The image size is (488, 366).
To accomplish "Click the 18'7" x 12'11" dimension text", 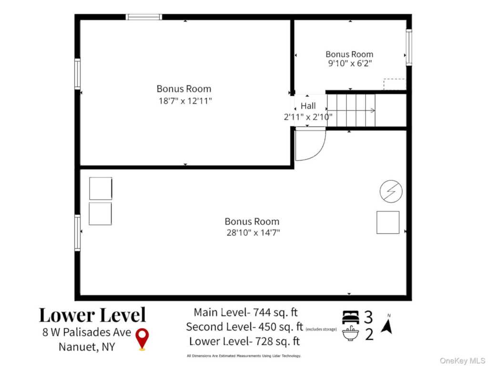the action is click(x=185, y=101).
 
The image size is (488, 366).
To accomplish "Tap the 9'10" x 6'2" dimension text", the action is click(x=350, y=63).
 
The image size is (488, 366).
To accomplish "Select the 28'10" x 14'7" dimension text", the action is click(x=253, y=233).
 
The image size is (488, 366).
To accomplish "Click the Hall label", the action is click(x=308, y=106).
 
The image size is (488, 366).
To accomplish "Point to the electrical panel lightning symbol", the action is click(x=391, y=192).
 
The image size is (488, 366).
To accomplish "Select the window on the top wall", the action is click(x=144, y=17).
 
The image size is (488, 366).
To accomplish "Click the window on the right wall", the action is click(x=408, y=47).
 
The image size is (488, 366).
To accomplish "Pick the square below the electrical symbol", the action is click(x=388, y=222).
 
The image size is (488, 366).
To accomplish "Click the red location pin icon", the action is click(x=142, y=339).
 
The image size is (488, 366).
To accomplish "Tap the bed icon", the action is click(x=350, y=317).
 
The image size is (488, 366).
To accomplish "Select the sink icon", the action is click(x=350, y=333).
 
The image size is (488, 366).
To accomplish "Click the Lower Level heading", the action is click(x=92, y=315).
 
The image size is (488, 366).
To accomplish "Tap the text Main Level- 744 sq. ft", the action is click(x=245, y=312).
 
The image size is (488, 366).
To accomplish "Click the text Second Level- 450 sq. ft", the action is click(x=244, y=327).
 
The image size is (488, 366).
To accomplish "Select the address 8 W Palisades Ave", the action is click(x=87, y=332).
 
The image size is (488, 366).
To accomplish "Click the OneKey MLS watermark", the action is click(x=462, y=361).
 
